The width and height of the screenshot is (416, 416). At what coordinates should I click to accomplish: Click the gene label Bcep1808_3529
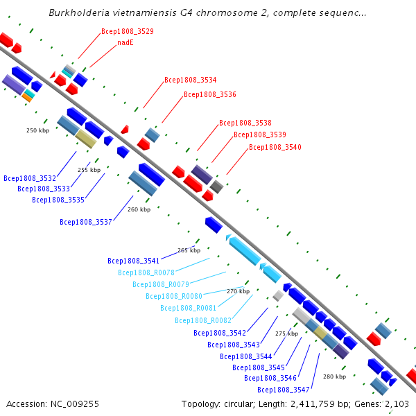click(x=128, y=31)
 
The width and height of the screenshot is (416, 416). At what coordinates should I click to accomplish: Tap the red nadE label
click(x=125, y=42)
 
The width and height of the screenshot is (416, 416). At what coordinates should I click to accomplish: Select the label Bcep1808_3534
click(x=191, y=80)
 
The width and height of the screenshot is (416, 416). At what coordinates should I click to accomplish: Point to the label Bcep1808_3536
click(x=210, y=94)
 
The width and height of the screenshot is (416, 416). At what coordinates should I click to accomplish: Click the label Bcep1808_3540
click(x=275, y=147)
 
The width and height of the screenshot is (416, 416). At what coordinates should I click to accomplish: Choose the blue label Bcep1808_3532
click(x=30, y=178)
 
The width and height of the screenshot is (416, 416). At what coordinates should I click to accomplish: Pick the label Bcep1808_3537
click(x=86, y=222)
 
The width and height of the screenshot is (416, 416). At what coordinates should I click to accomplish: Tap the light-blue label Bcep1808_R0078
click(x=147, y=272)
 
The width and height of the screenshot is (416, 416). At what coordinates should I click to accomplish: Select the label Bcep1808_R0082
click(x=202, y=320)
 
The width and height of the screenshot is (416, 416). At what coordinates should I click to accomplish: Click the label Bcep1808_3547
click(x=272, y=390)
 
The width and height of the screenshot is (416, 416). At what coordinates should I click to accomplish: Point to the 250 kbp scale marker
click(x=37, y=130)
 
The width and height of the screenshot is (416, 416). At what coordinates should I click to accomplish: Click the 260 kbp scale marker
click(x=139, y=209)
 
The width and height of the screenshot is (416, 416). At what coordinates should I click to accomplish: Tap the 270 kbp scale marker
click(x=238, y=291)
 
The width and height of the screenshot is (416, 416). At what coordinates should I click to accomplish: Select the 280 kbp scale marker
click(x=334, y=376)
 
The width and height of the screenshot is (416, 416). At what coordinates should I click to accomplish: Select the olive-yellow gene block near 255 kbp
click(x=86, y=139)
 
